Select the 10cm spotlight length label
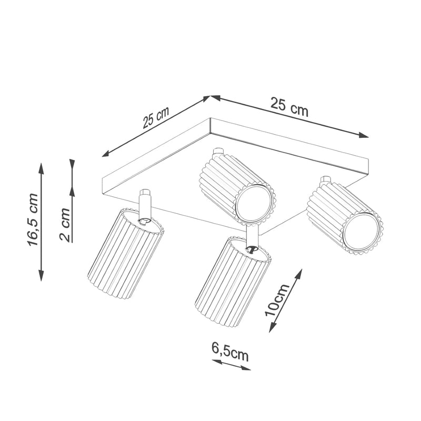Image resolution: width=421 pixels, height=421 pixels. pos(277,299)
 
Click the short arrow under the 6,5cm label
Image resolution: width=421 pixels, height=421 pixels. pos(231,365)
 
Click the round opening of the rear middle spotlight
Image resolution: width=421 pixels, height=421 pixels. pos(255,203)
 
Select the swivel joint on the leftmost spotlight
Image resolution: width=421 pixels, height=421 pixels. pos(144,221)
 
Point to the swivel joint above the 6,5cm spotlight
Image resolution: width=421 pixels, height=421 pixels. pos(252,248)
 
